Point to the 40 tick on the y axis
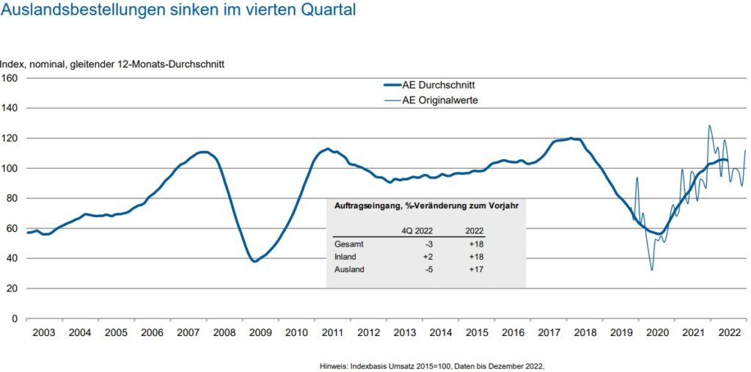click(x=12, y=258)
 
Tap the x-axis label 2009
click(x=260, y=332)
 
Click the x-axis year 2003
click(x=44, y=332)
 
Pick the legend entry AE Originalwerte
click(x=440, y=101)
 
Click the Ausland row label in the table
click(x=350, y=269)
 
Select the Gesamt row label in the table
click(x=350, y=244)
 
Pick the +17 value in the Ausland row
click(x=475, y=269)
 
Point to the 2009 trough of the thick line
click(x=254, y=261)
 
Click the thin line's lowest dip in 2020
click(x=651, y=270)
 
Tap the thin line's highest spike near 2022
click(x=709, y=125)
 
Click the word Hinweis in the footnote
click(x=335, y=365)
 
